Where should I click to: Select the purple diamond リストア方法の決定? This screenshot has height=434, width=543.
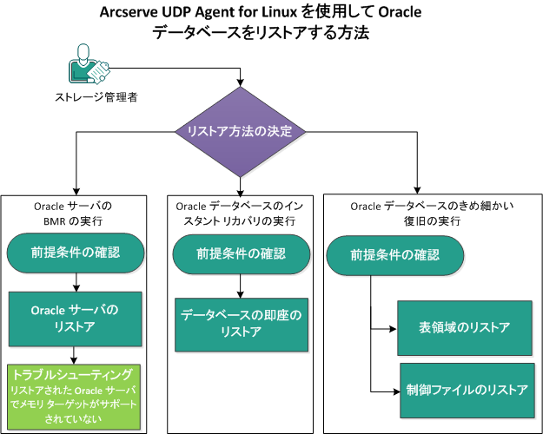241,132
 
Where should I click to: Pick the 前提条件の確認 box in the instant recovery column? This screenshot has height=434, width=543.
241,254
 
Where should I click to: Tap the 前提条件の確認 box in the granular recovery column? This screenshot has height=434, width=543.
394,255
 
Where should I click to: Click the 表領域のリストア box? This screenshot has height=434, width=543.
464,327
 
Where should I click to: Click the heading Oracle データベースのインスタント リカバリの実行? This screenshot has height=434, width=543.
241,214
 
